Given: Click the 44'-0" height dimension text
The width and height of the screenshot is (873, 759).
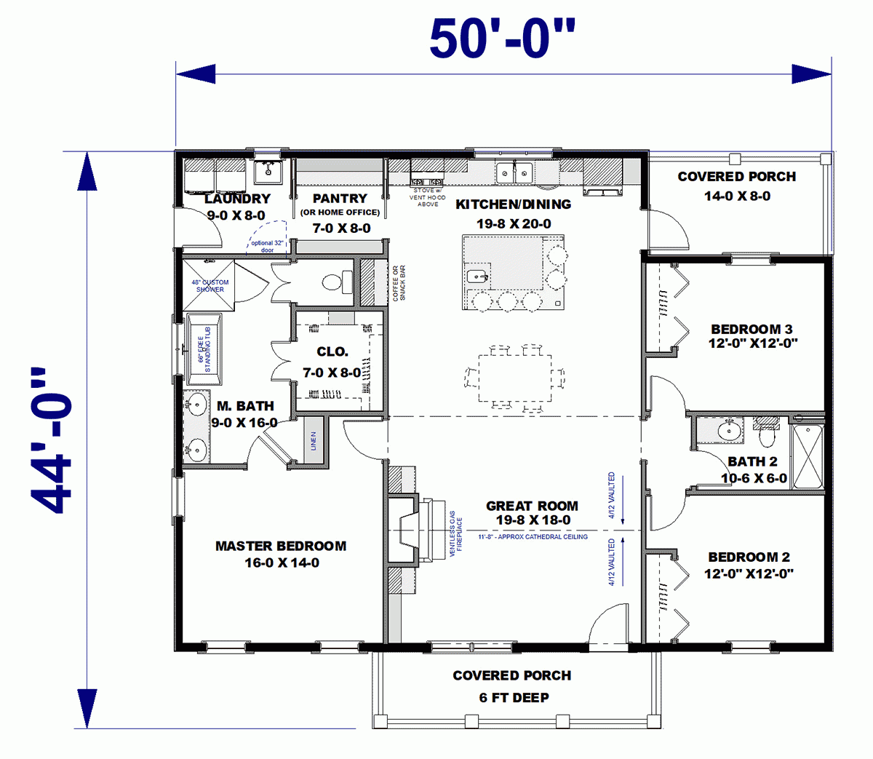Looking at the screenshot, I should coord(52,440).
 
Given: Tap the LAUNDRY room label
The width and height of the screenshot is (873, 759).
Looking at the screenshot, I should coord(237,199).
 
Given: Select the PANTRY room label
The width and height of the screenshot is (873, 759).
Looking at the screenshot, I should coord(340,199).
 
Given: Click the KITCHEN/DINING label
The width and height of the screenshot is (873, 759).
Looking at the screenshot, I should coord(513,204).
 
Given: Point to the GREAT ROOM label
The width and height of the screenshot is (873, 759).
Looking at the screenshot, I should coord(532,506).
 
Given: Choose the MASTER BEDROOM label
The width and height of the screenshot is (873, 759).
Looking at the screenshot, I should coord(281,546).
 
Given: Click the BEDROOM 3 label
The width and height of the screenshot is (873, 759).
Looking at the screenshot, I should coord(752,330).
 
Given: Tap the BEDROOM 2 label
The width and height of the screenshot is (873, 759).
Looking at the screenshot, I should coord(749,557).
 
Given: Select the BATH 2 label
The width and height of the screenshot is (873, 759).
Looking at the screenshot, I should coord(752,461).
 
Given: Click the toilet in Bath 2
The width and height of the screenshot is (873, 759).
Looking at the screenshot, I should coord(767,434).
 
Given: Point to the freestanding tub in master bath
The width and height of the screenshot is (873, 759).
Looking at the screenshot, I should coord(204,349).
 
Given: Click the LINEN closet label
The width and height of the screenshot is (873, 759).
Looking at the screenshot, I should coord(314,441).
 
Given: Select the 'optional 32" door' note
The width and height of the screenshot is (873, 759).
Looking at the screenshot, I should coord(267,247).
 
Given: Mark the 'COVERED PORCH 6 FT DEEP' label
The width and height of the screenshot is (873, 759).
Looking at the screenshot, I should coord(512,686).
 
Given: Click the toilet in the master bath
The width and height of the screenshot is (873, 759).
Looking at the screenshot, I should coord(337,282).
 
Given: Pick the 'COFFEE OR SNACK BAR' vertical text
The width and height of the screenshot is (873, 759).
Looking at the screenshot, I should coord(399,283).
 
